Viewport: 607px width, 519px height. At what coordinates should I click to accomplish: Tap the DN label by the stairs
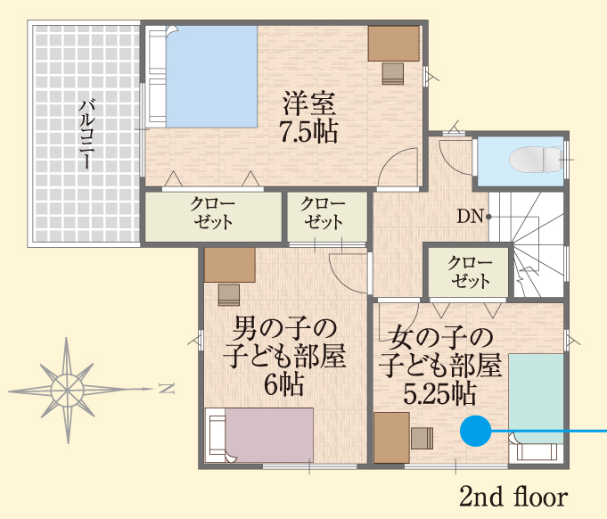point(471,216)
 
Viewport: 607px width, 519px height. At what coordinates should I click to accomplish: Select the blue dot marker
point(476,431)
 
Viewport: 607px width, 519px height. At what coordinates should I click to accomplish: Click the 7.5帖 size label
point(308,132)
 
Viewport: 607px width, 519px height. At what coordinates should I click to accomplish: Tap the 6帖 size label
point(284,383)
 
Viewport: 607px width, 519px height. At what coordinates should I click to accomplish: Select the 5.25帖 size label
point(439,394)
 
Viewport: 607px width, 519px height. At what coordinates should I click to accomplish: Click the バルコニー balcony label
point(86,135)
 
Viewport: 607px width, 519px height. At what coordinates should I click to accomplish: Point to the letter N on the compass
point(167,388)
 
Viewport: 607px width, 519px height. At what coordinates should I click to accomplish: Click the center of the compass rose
point(68,389)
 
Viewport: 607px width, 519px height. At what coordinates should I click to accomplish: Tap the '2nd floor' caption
point(513,496)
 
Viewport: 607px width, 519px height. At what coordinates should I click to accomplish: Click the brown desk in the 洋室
point(394,44)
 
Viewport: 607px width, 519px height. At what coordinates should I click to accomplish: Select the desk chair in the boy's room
point(229,295)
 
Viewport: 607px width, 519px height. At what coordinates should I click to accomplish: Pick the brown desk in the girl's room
point(392,438)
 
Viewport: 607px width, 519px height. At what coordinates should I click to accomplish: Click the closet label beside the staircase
point(469,272)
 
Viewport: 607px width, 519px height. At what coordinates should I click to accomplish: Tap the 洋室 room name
point(309,103)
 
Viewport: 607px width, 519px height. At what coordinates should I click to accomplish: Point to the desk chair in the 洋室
point(393,74)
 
